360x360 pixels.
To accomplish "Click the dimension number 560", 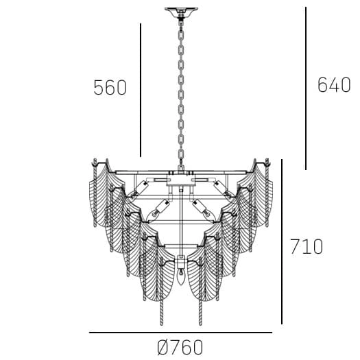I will pos(110,88).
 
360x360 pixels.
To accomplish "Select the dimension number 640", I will pos(333,85).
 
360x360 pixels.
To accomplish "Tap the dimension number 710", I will pos(306,246).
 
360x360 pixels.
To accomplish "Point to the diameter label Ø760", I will pos(180,347).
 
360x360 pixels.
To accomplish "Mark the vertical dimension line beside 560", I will pos(141,90).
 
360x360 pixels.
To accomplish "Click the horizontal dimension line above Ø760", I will pos(180,333).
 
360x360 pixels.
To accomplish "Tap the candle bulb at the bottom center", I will pos(181,276).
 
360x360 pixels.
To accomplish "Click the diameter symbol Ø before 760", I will pos(163,347).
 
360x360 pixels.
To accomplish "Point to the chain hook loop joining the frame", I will pos(181,167).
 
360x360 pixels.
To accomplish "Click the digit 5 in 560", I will pos(99,88).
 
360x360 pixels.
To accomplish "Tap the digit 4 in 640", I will pos(333,85).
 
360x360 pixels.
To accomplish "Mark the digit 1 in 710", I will pos(306,246).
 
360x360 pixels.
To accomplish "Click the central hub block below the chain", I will pos(181,180).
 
